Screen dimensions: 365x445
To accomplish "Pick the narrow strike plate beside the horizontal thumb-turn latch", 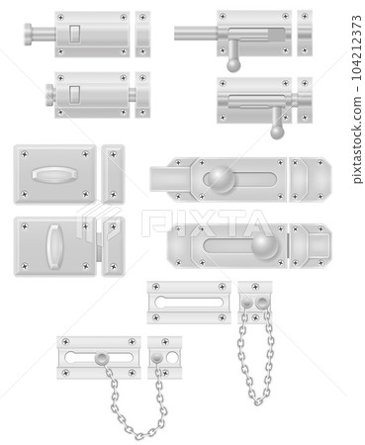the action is point(113,176).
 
